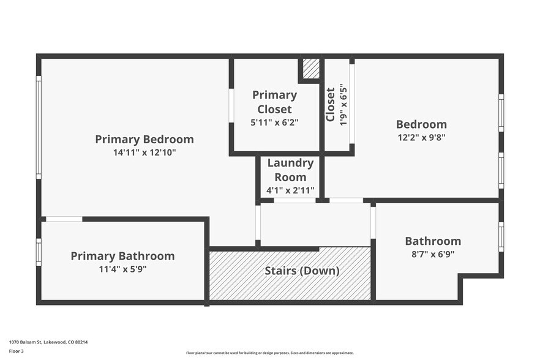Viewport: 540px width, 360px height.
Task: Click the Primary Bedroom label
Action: click(x=144, y=140)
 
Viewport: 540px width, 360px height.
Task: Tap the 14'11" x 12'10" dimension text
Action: click(x=144, y=153)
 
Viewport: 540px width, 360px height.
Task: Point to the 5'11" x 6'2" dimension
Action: click(x=275, y=122)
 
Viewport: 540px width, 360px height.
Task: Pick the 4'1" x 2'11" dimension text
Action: click(x=290, y=190)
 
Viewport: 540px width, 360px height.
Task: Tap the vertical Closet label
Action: click(x=331, y=105)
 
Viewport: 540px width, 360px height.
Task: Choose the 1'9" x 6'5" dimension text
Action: click(x=344, y=105)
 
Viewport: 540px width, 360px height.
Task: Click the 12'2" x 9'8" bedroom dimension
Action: click(x=421, y=138)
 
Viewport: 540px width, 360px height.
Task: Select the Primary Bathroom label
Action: click(x=122, y=256)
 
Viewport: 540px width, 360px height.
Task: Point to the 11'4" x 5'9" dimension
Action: click(x=122, y=269)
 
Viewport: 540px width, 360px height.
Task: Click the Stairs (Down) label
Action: click(x=302, y=271)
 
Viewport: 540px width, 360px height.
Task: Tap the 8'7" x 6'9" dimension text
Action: click(x=433, y=254)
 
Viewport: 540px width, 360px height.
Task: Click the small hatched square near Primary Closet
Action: click(x=311, y=69)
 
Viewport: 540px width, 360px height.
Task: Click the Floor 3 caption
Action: click(x=17, y=351)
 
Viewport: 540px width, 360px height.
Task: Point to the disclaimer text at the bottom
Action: click(x=269, y=353)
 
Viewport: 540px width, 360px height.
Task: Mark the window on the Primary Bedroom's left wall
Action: click(x=39, y=127)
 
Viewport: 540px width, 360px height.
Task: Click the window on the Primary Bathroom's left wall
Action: click(x=39, y=252)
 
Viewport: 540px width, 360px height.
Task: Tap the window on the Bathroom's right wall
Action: click(x=501, y=236)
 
